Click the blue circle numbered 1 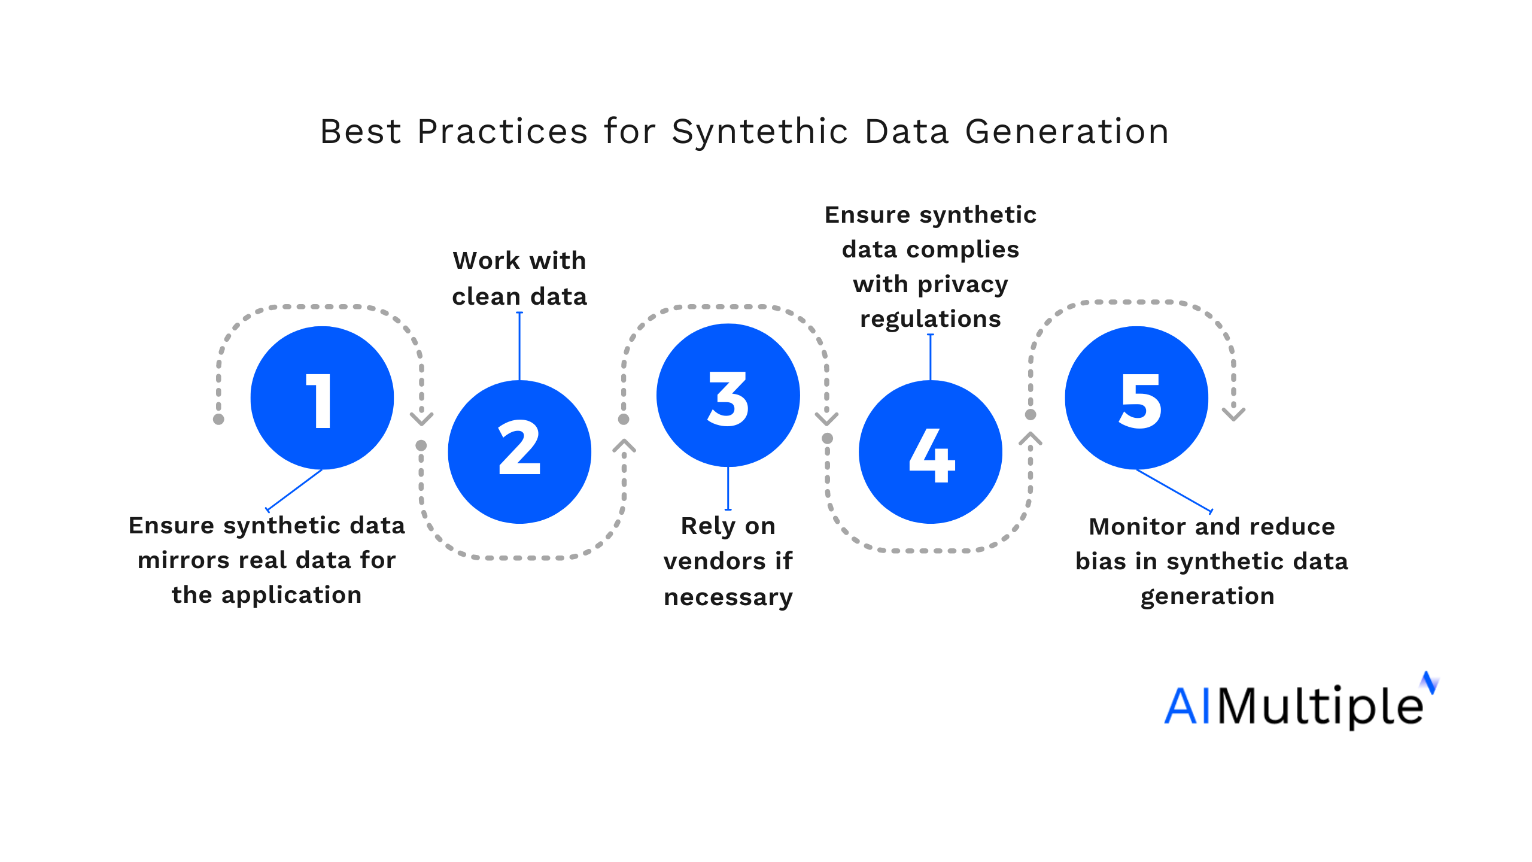[x=322, y=398]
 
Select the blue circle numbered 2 [x=519, y=452]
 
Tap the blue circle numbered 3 [x=728, y=395]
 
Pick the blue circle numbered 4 [x=931, y=452]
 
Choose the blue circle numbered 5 [x=1136, y=398]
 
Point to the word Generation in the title [x=1067, y=132]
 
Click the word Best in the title [x=361, y=132]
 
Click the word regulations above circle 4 [x=931, y=319]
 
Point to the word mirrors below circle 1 [x=183, y=560]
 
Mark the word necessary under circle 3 [x=728, y=597]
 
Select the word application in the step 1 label [x=291, y=596]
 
